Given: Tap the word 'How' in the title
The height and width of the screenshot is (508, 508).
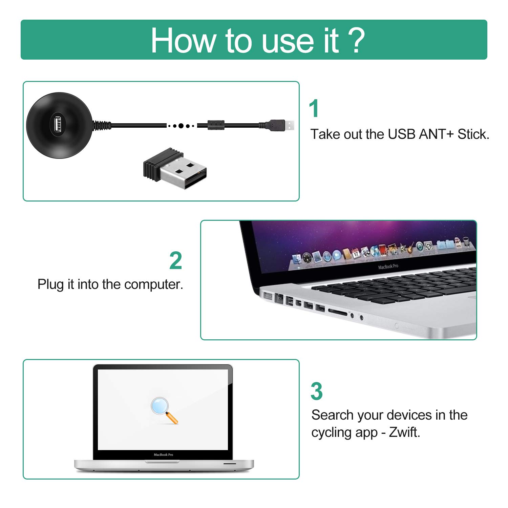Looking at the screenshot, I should pyautogui.click(x=183, y=41).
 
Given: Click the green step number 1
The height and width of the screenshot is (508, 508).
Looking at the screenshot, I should pyautogui.click(x=314, y=109).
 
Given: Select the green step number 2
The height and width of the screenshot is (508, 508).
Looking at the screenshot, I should pyautogui.click(x=176, y=260).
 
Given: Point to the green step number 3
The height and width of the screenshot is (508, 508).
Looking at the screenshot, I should pyautogui.click(x=317, y=391).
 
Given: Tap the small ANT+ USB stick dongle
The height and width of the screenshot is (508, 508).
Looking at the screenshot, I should pyautogui.click(x=175, y=168).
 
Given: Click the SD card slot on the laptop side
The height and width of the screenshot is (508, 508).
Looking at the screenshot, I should pyautogui.click(x=338, y=312).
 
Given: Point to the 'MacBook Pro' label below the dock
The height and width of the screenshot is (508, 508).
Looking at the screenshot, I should pyautogui.click(x=388, y=267).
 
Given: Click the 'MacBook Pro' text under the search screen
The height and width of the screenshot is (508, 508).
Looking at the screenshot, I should pyautogui.click(x=163, y=454).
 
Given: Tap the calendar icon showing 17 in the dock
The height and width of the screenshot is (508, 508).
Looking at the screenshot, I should pyautogui.click(x=356, y=253).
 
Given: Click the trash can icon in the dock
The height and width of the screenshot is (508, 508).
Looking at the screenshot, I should pyautogui.click(x=466, y=241).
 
